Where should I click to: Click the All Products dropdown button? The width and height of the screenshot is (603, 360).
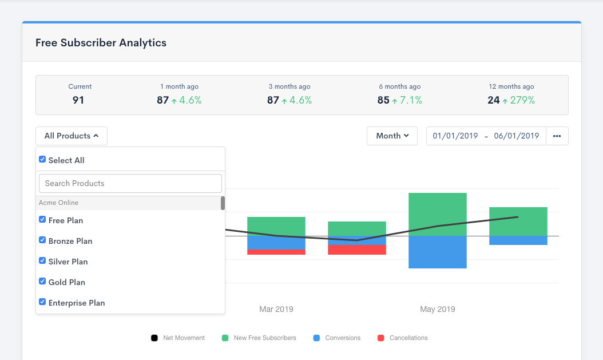click(x=72, y=136)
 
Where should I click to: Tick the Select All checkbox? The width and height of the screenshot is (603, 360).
click(x=42, y=160)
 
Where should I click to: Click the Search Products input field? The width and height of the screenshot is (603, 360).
click(x=130, y=183)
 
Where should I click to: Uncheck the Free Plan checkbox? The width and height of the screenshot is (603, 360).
click(x=42, y=220)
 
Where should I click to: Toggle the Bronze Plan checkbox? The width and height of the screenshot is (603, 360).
click(x=42, y=240)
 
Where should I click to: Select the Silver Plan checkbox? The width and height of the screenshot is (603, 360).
click(x=42, y=261)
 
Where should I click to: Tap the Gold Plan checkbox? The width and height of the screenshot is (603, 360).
click(x=42, y=282)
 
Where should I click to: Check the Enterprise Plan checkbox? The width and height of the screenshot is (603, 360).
click(x=42, y=302)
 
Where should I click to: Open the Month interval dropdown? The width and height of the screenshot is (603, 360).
click(x=392, y=136)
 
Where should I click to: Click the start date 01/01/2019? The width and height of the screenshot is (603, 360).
click(x=455, y=136)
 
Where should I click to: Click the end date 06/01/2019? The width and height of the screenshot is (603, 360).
click(x=516, y=136)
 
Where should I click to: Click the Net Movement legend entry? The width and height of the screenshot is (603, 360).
click(x=178, y=338)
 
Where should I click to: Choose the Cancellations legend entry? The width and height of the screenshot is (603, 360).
click(x=403, y=338)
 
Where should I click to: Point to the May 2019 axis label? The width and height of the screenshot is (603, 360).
click(x=437, y=309)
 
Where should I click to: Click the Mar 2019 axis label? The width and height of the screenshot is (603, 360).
click(x=276, y=309)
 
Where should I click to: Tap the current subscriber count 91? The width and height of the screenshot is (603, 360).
click(x=78, y=100)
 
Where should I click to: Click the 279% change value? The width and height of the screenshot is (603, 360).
click(x=522, y=100)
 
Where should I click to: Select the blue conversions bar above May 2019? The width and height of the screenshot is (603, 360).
click(x=437, y=252)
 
